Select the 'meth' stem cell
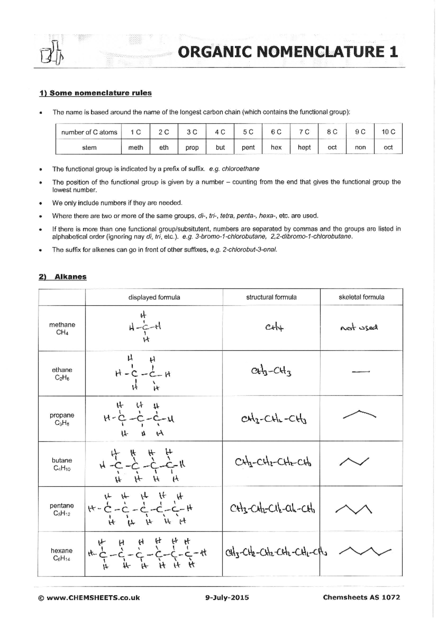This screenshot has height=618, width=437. point(135,147)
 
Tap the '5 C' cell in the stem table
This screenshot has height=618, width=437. point(248,132)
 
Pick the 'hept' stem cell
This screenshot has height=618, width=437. point(304,147)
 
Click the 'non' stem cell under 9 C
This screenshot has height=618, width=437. point(360,147)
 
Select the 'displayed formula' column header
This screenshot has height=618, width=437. point(154,297)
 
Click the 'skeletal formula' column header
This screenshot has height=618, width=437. point(361,297)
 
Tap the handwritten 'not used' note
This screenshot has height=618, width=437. point(359,328)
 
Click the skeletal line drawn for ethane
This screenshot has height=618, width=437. point(361,372)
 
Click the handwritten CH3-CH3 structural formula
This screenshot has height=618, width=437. point(271,372)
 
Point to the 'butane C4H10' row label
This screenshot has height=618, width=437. point(62,464)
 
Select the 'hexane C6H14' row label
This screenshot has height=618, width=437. point(62,554)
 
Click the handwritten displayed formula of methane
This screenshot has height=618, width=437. point(145,327)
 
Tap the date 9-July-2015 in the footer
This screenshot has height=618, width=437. point(227,598)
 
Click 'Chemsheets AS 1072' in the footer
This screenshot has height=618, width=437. point(361,597)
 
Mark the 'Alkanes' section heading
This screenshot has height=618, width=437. point(70,277)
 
